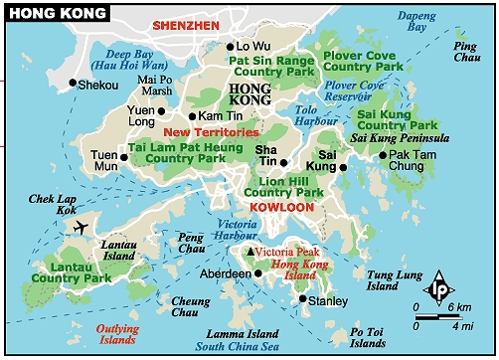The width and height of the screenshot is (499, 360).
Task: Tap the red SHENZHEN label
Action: point(185,24)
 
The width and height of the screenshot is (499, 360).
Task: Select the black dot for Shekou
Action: point(73,84)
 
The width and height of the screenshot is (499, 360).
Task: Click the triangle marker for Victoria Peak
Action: point(249,253)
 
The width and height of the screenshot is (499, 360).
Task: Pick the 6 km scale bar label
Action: point(459,308)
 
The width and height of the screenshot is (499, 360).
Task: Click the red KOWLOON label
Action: point(282,208)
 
